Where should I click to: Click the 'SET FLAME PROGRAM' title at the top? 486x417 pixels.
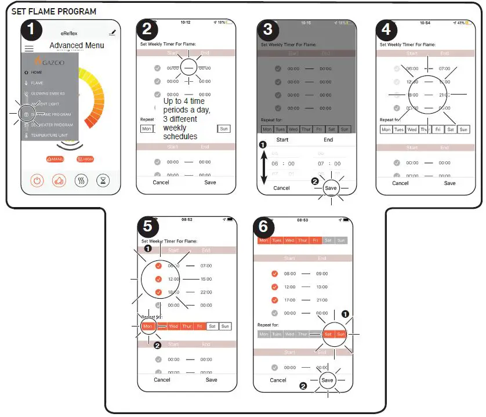coord(54,12)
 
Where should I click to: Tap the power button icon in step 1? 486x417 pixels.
coord(37,180)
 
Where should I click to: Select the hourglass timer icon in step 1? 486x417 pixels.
coord(103,180)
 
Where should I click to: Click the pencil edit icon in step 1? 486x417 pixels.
coord(112,32)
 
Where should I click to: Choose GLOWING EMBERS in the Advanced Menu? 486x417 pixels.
coord(48,93)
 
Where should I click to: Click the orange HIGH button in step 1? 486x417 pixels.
coord(84,159)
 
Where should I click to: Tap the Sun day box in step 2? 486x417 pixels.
coord(223,129)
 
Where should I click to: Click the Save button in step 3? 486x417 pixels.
coord(331,188)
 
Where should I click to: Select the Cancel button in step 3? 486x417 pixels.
coord(281,188)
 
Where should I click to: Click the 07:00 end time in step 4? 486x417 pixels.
coord(444,68)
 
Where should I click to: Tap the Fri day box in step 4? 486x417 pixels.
coord(438,130)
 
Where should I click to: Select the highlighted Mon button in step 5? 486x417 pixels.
coord(147,327)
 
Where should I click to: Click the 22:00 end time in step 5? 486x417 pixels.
coord(205,292)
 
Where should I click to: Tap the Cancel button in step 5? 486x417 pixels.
coord(162,380)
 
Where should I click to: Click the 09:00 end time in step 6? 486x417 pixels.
coord(322,273)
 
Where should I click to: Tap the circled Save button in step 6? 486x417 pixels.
coord(328,380)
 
